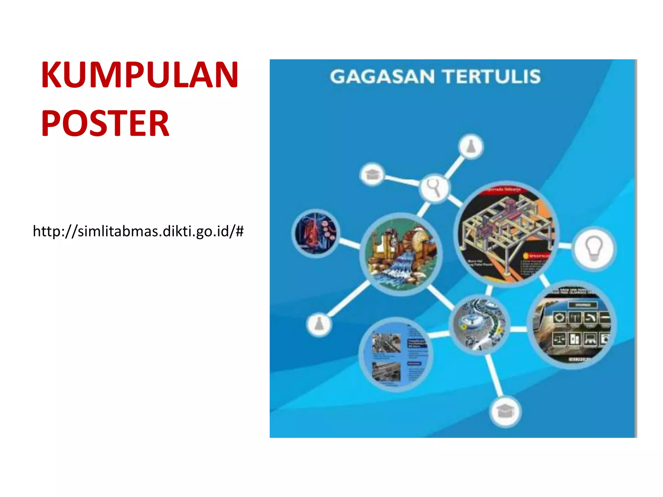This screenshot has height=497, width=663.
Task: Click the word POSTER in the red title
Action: click(x=105, y=123)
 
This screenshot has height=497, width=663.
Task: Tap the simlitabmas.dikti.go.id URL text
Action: click(x=138, y=231)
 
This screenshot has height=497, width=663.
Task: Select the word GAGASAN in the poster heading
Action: click(x=382, y=77)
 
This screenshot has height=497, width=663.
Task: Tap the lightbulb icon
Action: click(x=594, y=248)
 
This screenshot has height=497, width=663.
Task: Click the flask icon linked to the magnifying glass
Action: click(x=471, y=147)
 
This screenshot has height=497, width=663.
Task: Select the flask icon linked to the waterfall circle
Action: click(x=319, y=324)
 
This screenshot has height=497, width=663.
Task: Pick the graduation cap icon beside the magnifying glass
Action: click(x=372, y=174)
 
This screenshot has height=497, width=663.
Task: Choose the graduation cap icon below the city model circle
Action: click(x=505, y=412)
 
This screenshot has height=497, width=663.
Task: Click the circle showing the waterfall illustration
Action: click(x=401, y=254)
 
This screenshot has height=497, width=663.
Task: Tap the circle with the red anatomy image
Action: click(x=315, y=233)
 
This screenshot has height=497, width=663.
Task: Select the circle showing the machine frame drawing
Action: click(x=506, y=233)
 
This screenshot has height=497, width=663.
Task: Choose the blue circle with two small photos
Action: click(x=396, y=354)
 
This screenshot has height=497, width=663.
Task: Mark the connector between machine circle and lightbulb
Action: click(x=565, y=246)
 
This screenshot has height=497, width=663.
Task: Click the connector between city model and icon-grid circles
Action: click(x=519, y=329)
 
